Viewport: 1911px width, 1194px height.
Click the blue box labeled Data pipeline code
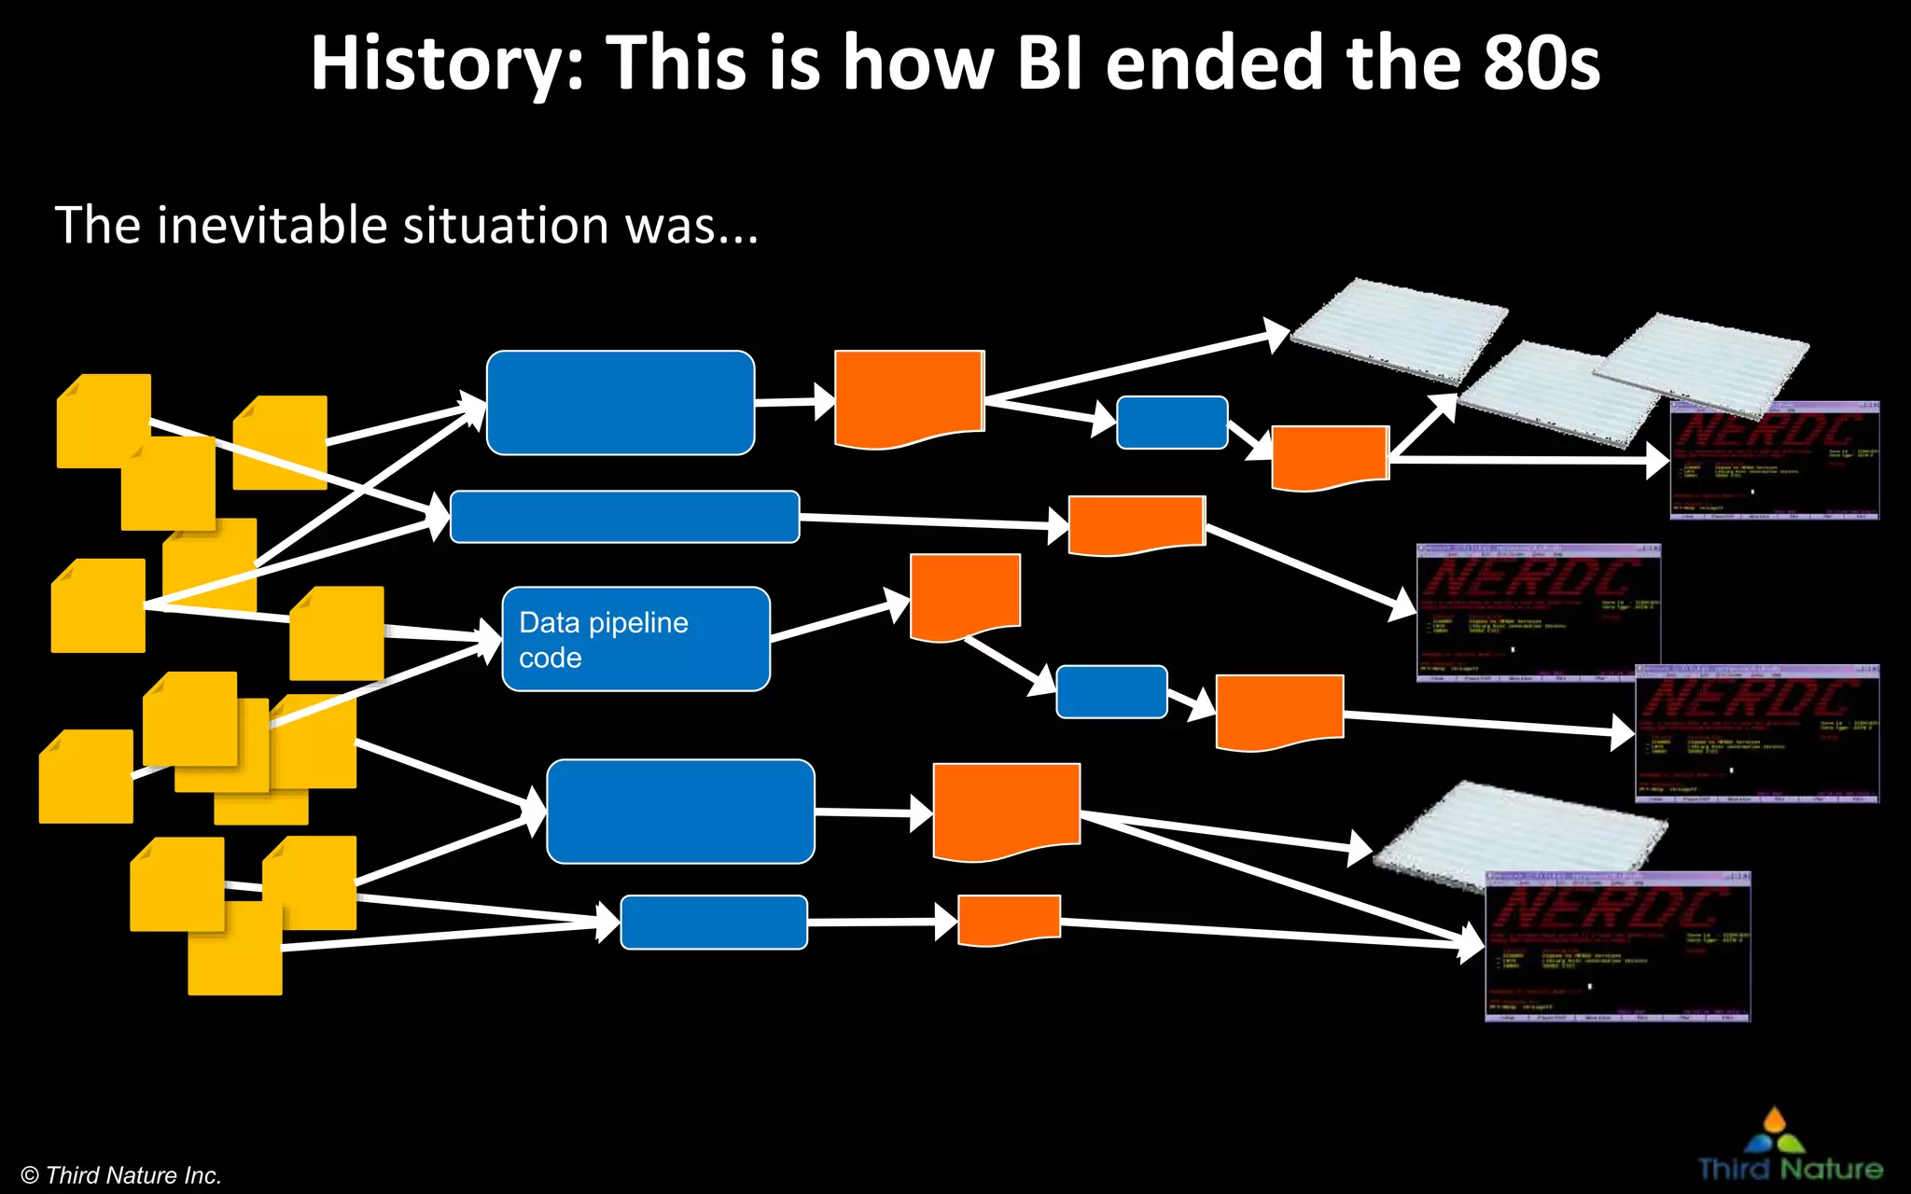point(635,639)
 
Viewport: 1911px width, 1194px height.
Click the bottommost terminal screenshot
point(1617,947)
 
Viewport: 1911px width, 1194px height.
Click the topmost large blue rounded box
point(620,403)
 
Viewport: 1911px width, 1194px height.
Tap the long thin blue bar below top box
point(624,517)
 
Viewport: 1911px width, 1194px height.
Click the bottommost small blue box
point(714,922)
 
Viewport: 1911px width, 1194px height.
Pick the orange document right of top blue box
point(909,396)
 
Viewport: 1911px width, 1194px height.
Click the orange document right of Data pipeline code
point(965,595)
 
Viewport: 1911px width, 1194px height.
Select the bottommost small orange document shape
point(1009,919)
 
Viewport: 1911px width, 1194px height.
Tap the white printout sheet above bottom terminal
point(1521,830)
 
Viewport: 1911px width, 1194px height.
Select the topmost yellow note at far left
point(104,420)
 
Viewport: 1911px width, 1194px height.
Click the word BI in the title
point(1049,63)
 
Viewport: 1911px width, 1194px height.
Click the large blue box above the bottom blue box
point(680,811)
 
